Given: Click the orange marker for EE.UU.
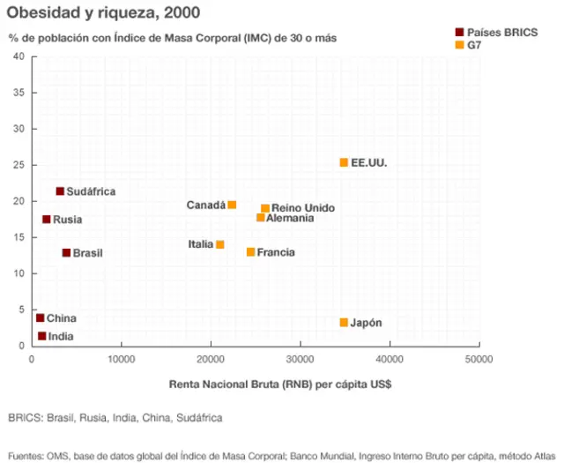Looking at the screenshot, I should click(x=344, y=162).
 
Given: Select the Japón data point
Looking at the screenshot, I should click(x=344, y=323).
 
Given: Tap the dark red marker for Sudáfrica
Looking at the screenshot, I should click(x=60, y=191).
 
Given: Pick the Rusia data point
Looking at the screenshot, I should click(x=46, y=220).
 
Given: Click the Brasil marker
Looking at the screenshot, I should click(x=66, y=253).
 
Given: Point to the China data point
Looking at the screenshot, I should click(x=40, y=318).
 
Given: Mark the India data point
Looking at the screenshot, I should click(x=41, y=336).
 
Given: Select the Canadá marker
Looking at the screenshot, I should click(x=232, y=205).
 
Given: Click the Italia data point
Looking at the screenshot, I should click(x=219, y=244).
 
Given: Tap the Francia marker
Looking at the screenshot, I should click(x=250, y=252).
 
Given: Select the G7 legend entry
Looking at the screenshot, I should click(x=473, y=44).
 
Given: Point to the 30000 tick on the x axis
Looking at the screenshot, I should click(x=300, y=360).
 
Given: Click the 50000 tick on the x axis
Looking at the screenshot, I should click(x=479, y=360).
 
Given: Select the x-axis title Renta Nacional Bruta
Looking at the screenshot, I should click(x=279, y=385).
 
